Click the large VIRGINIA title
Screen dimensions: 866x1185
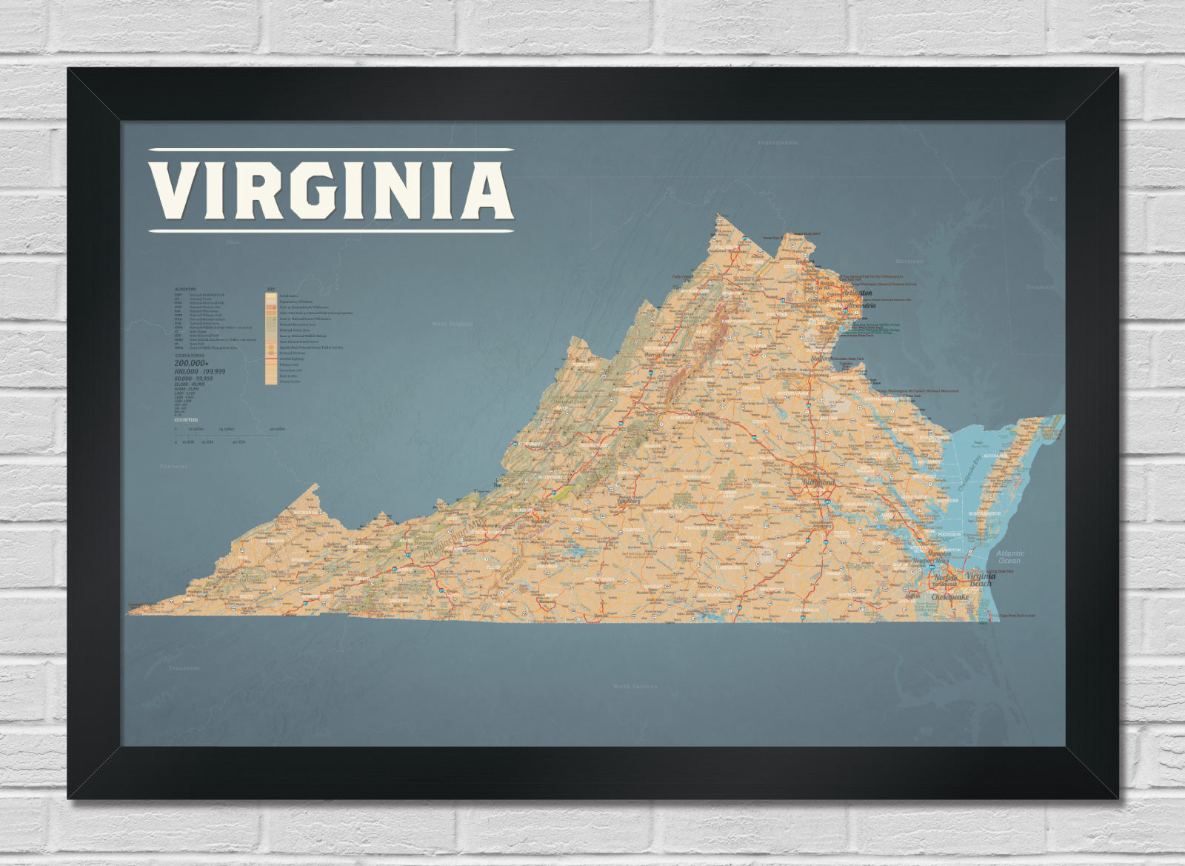click(331, 190)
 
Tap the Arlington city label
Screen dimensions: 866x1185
click(858, 293)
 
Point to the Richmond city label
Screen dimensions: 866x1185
click(819, 483)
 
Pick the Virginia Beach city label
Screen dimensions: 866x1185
click(980, 579)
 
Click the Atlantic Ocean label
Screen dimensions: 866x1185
click(1009, 556)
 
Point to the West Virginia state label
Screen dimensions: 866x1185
click(452, 324)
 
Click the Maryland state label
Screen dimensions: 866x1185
click(909, 262)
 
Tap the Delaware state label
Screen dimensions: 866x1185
click(1041, 287)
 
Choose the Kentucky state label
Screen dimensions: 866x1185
click(174, 466)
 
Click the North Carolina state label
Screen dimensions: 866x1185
click(635, 687)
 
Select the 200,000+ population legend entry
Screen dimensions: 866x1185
click(191, 363)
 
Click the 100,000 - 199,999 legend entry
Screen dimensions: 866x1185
click(200, 371)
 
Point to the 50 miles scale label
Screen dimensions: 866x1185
click(278, 429)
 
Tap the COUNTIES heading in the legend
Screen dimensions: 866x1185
click(186, 420)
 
